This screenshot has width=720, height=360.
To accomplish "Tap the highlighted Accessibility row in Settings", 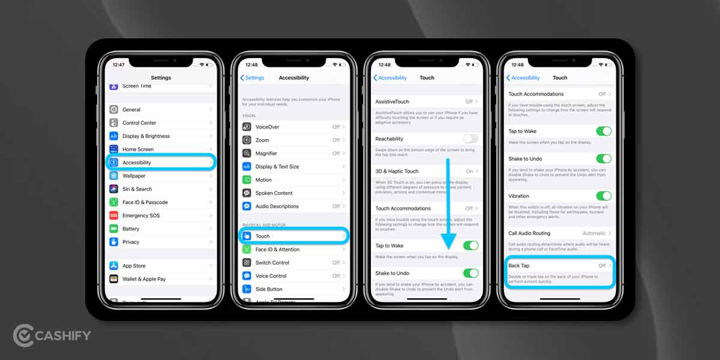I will [x=160, y=163].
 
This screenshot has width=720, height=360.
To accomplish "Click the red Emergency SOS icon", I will [x=113, y=215].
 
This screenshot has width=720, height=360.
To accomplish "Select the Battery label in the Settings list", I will [x=131, y=229].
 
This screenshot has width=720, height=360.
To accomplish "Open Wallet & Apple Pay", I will [x=144, y=279].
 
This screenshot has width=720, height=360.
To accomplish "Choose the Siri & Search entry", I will [x=137, y=189].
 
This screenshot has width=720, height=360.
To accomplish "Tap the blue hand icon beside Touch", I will [x=247, y=236].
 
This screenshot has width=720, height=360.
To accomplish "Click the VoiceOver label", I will [x=267, y=127].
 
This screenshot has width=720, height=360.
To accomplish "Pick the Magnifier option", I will [x=266, y=154].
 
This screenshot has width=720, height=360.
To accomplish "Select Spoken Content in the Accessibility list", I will [x=274, y=193].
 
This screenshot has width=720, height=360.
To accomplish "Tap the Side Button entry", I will [x=268, y=289].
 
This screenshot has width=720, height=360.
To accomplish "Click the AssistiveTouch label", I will [x=393, y=102].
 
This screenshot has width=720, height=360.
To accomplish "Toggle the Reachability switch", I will [x=470, y=139].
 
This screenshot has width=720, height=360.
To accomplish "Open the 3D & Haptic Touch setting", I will [x=397, y=171].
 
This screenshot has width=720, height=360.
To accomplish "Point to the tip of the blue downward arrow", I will [x=448, y=248].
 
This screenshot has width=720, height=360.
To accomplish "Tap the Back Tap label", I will [x=518, y=266].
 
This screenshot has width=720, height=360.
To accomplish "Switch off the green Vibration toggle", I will [x=604, y=196].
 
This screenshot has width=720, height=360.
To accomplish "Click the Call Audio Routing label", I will [x=529, y=233].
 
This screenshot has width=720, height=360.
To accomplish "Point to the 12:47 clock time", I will [x=119, y=64].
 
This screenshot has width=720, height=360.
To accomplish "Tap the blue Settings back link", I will [x=252, y=78].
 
